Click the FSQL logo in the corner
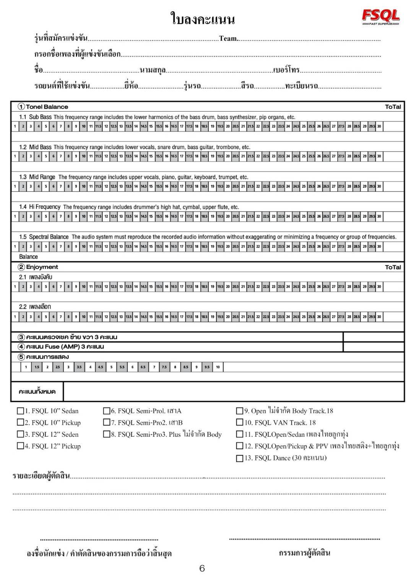point(380,16)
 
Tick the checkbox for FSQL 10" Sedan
point(20,411)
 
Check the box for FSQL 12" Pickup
point(20,446)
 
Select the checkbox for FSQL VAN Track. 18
point(240,422)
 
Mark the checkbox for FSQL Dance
point(240,458)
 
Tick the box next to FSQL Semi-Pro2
point(107,422)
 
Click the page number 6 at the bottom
point(202,568)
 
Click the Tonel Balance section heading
point(47,107)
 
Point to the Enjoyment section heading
point(42,267)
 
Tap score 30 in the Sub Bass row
point(379,126)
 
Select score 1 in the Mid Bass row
point(15,156)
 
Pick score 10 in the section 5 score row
point(218,367)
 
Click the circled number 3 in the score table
point(21,337)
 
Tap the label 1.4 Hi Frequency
point(40,207)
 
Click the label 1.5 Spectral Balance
point(44,237)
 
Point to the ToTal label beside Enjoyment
point(393,267)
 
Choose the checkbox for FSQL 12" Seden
point(20,434)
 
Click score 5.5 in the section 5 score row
point(122,367)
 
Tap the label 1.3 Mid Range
point(37,177)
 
